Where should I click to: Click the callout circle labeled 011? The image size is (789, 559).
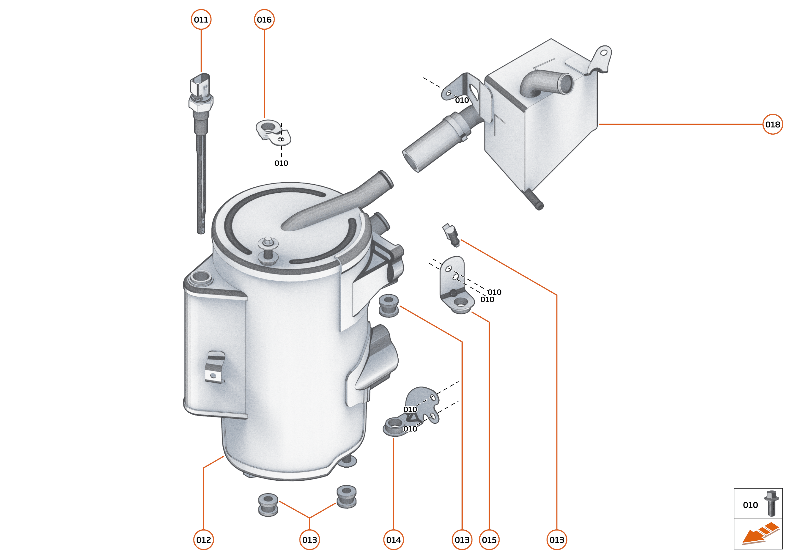[x=201, y=20]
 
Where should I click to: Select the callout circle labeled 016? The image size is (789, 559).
[x=264, y=20]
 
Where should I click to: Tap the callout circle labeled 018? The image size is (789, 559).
[x=773, y=124]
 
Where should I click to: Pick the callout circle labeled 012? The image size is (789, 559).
[x=204, y=540]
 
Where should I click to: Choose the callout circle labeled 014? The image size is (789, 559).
[x=393, y=540]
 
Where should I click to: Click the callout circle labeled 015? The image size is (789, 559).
[x=489, y=540]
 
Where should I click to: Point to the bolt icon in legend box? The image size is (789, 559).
[x=771, y=504]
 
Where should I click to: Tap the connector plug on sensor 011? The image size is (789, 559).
[x=200, y=84]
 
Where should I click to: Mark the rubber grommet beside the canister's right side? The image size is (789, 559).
[x=389, y=305]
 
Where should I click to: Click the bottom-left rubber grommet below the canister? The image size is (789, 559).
[x=268, y=505]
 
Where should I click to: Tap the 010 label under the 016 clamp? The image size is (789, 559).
[x=281, y=163]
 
